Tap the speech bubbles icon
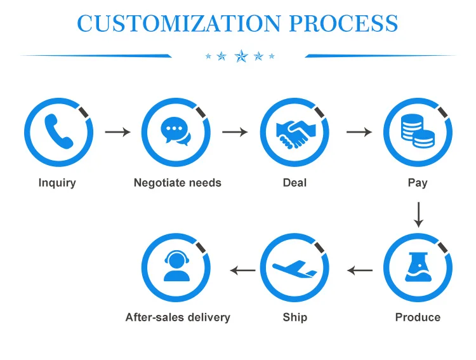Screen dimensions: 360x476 click(176, 132)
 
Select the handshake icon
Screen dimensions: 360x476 click(294, 132)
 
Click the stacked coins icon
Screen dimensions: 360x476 click(418, 132)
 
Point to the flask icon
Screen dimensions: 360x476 click(418, 267)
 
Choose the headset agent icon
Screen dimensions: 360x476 click(176, 267)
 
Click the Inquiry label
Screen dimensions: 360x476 click(57, 183)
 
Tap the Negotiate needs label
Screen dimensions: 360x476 click(178, 183)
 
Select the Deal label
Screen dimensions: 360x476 click(294, 183)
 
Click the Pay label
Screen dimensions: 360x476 click(418, 183)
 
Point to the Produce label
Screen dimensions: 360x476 click(418, 317)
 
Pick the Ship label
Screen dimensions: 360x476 click(294, 317)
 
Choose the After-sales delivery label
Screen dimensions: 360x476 click(178, 317)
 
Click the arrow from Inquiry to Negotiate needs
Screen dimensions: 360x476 click(117, 132)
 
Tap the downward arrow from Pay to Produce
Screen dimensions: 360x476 click(418, 215)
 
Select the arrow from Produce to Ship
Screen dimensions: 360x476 click(360, 270)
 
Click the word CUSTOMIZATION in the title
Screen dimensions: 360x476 click(178, 23)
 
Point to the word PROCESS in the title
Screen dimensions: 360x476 click(344, 23)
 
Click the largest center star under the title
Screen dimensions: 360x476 click(241, 57)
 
